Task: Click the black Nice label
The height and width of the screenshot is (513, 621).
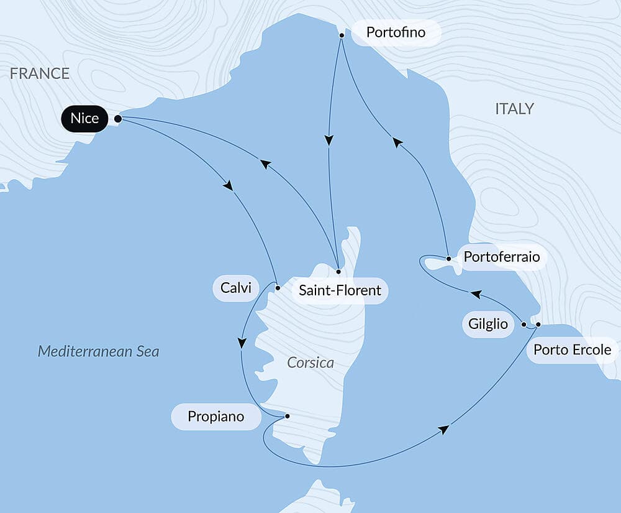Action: point(84,118)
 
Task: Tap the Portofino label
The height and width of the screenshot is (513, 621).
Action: point(396,32)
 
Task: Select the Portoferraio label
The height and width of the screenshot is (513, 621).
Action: point(502,257)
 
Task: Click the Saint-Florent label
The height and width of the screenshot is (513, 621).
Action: point(340,290)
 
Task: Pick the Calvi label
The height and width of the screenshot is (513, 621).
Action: point(236,288)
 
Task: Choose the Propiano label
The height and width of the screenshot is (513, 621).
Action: point(217,416)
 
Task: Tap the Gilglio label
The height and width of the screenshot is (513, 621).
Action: point(489,324)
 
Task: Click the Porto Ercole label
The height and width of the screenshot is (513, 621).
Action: point(572,349)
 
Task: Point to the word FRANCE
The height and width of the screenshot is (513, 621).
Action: point(40,74)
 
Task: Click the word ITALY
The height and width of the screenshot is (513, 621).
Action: point(514,109)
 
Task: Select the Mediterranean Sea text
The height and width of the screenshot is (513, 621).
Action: point(98,351)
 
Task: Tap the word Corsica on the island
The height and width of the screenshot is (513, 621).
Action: point(310,363)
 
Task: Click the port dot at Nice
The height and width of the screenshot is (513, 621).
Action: point(117,118)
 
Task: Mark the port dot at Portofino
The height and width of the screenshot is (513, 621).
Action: point(342,35)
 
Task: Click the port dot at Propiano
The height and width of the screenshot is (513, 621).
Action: point(286,416)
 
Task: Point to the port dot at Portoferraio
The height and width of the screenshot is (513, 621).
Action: point(448,257)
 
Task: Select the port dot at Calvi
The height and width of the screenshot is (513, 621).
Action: point(278,288)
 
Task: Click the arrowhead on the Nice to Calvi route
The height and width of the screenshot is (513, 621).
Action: point(229,185)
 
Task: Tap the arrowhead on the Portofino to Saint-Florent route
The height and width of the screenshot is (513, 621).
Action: point(329,141)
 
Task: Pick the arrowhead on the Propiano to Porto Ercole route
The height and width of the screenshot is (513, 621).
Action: point(443,430)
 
